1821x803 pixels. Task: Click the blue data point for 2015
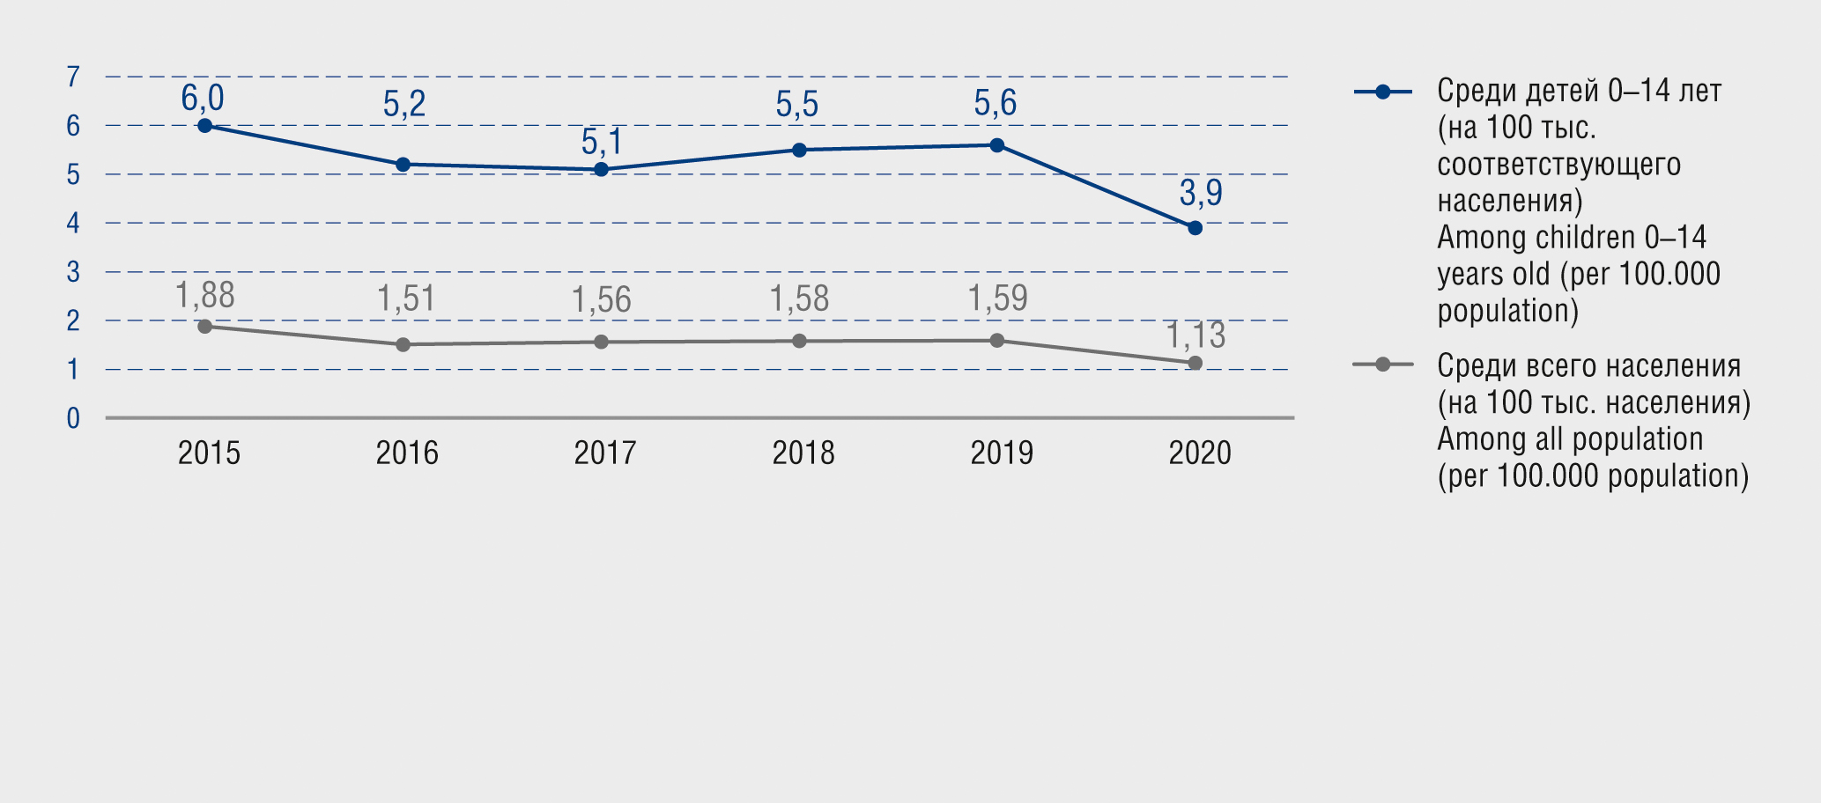pyautogui.click(x=204, y=126)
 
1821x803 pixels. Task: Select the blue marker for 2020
pyautogui.click(x=1195, y=228)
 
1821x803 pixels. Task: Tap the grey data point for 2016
pyautogui.click(x=403, y=344)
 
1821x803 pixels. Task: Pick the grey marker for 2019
pyautogui.click(x=996, y=341)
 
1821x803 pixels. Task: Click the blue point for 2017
pyautogui.click(x=601, y=169)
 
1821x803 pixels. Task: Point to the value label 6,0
pyautogui.click(x=203, y=98)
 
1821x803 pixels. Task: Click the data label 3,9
pyautogui.click(x=1201, y=192)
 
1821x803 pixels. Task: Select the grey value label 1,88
pyautogui.click(x=205, y=296)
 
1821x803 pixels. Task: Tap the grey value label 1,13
pyautogui.click(x=1195, y=335)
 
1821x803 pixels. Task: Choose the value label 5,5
pyautogui.click(x=797, y=105)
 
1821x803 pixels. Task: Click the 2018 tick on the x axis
pyautogui.click(x=803, y=453)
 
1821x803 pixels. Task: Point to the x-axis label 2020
pyautogui.click(x=1199, y=453)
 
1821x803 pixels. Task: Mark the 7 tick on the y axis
pyautogui.click(x=73, y=77)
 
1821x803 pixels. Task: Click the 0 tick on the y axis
pyautogui.click(x=73, y=418)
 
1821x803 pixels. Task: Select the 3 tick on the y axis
pyautogui.click(x=73, y=272)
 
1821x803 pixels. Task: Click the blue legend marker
pyautogui.click(x=1382, y=92)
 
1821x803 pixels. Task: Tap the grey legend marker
pyautogui.click(x=1382, y=365)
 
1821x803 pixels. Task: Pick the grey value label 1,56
pyautogui.click(x=602, y=300)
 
